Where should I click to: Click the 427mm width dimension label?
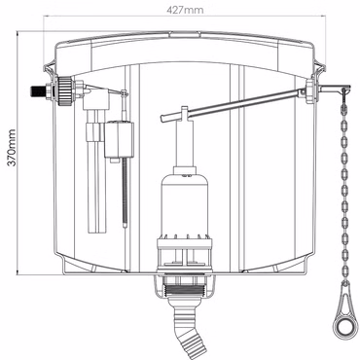[185, 10]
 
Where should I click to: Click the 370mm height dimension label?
[12, 148]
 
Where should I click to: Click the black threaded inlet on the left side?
[38, 91]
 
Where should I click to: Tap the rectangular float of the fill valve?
[119, 139]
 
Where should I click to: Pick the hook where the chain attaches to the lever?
[343, 91]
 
